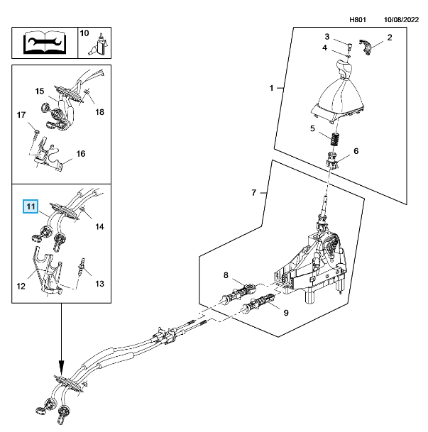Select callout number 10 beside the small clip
tap(84, 33)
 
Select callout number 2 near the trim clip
tap(389, 37)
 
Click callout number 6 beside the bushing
tap(356, 151)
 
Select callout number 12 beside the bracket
tap(21, 287)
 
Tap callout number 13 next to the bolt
tap(99, 284)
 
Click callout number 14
tap(100, 227)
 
